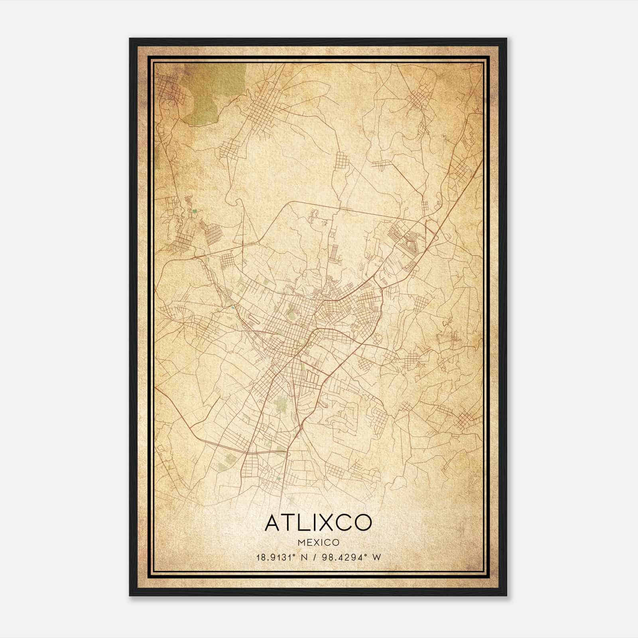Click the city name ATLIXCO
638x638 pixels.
coord(318,522)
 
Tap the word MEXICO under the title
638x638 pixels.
coord(318,543)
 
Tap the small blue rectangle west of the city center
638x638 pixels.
coord(232,307)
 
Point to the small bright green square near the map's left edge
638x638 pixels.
coord(194,212)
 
